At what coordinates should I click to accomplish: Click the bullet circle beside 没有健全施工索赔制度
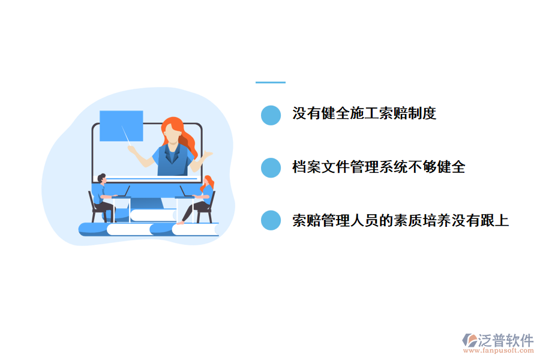coord(271,115)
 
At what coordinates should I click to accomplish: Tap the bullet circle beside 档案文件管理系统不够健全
coord(271,167)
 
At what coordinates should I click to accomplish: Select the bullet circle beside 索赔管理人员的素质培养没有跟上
coord(271,220)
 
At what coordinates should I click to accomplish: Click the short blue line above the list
coord(270,83)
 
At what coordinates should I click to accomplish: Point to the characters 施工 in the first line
coord(364,113)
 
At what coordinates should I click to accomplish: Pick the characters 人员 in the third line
coord(364,220)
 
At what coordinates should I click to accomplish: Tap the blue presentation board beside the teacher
coord(121,125)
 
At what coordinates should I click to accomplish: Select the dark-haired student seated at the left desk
coord(103,195)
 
